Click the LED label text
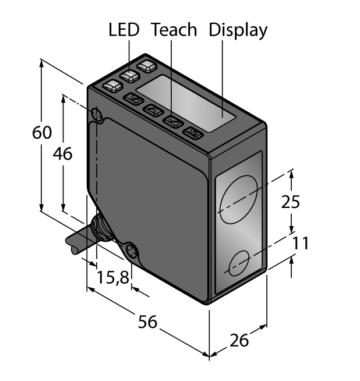pyautogui.click(x=124, y=30)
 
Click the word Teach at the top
pyautogui.click(x=174, y=30)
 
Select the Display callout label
pyautogui.click(x=238, y=30)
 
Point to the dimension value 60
pyautogui.click(x=42, y=133)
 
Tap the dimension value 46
pyautogui.click(x=62, y=154)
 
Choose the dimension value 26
pyautogui.click(x=239, y=340)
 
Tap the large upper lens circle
pyautogui.click(x=238, y=198)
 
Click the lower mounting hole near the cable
pyautogui.click(x=133, y=252)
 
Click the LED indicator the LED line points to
pyautogui.click(x=129, y=76)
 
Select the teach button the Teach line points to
pyautogui.click(x=172, y=121)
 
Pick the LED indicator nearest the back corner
pyautogui.click(x=147, y=66)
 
